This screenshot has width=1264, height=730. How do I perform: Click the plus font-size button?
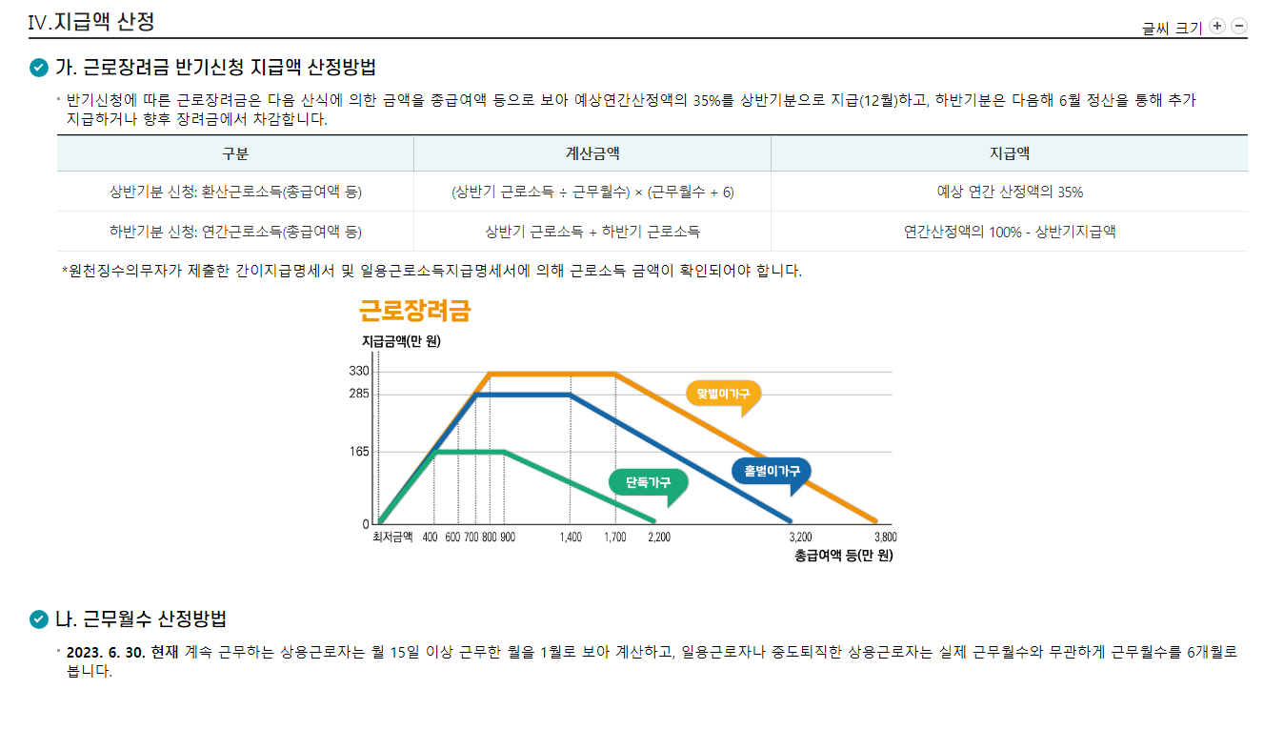(x=1217, y=26)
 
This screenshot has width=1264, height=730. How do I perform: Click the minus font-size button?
(x=1239, y=26)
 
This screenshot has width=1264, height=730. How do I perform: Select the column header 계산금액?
(x=592, y=153)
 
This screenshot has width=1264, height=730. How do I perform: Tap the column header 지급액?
(x=1009, y=153)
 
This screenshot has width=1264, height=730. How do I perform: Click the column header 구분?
(x=235, y=153)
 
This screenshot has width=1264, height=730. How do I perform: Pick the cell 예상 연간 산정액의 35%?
(x=1009, y=192)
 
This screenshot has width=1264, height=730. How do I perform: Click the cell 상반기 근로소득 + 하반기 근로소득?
(x=592, y=232)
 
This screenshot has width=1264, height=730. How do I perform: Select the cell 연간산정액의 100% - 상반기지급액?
(x=1009, y=232)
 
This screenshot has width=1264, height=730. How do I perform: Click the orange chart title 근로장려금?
(x=414, y=311)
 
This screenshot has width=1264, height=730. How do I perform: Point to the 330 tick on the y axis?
(x=360, y=371)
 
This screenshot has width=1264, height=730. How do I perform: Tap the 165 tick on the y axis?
(x=360, y=452)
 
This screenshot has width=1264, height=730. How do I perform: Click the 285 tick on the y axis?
(x=360, y=393)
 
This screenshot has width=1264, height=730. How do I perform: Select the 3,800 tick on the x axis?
(x=885, y=537)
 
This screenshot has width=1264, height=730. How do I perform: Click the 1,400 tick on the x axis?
(x=571, y=537)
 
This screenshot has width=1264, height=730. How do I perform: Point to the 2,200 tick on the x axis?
(x=658, y=537)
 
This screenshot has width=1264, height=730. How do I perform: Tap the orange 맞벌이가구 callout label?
(x=723, y=393)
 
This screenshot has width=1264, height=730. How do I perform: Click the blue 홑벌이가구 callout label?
(x=772, y=471)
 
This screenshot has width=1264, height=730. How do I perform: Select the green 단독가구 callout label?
(x=648, y=483)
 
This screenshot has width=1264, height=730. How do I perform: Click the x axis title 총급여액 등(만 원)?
(x=843, y=555)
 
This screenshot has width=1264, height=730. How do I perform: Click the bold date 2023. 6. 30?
(x=106, y=653)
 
